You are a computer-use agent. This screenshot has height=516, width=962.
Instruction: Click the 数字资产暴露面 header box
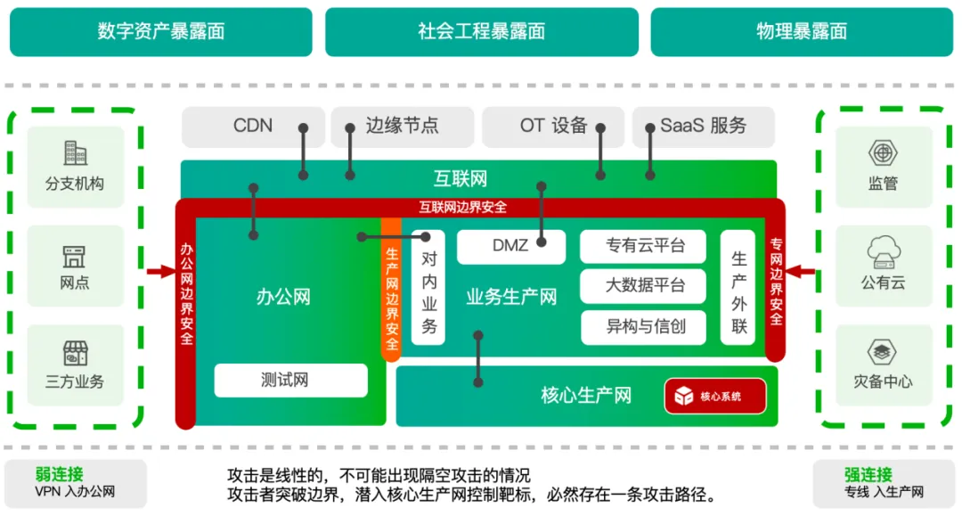pyautogui.click(x=160, y=31)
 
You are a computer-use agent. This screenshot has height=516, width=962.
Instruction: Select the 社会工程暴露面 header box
pyautogui.click(x=481, y=31)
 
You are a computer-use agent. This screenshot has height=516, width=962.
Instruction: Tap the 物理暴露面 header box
pyautogui.click(x=802, y=31)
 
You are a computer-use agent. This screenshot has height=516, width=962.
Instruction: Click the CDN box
pyautogui.click(x=253, y=126)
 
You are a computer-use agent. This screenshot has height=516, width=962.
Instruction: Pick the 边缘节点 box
pyautogui.click(x=402, y=126)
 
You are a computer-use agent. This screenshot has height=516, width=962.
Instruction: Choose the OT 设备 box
pyautogui.click(x=553, y=126)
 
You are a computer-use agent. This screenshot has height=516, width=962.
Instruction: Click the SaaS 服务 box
pyautogui.click(x=704, y=126)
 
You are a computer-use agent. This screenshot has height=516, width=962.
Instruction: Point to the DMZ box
pyautogui.click(x=510, y=246)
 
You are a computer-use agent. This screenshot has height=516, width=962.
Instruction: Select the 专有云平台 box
pyautogui.click(x=644, y=246)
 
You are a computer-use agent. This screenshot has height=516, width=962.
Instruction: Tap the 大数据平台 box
pyautogui.click(x=644, y=286)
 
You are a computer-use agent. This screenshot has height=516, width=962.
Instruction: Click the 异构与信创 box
pyautogui.click(x=644, y=326)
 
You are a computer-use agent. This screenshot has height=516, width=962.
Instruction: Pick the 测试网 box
pyautogui.click(x=290, y=381)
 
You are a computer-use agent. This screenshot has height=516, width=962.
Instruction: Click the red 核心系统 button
pyautogui.click(x=714, y=396)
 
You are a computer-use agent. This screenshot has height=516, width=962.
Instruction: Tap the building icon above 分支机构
pyautogui.click(x=74, y=153)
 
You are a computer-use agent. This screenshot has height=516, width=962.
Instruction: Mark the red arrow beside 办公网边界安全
pyautogui.click(x=161, y=271)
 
